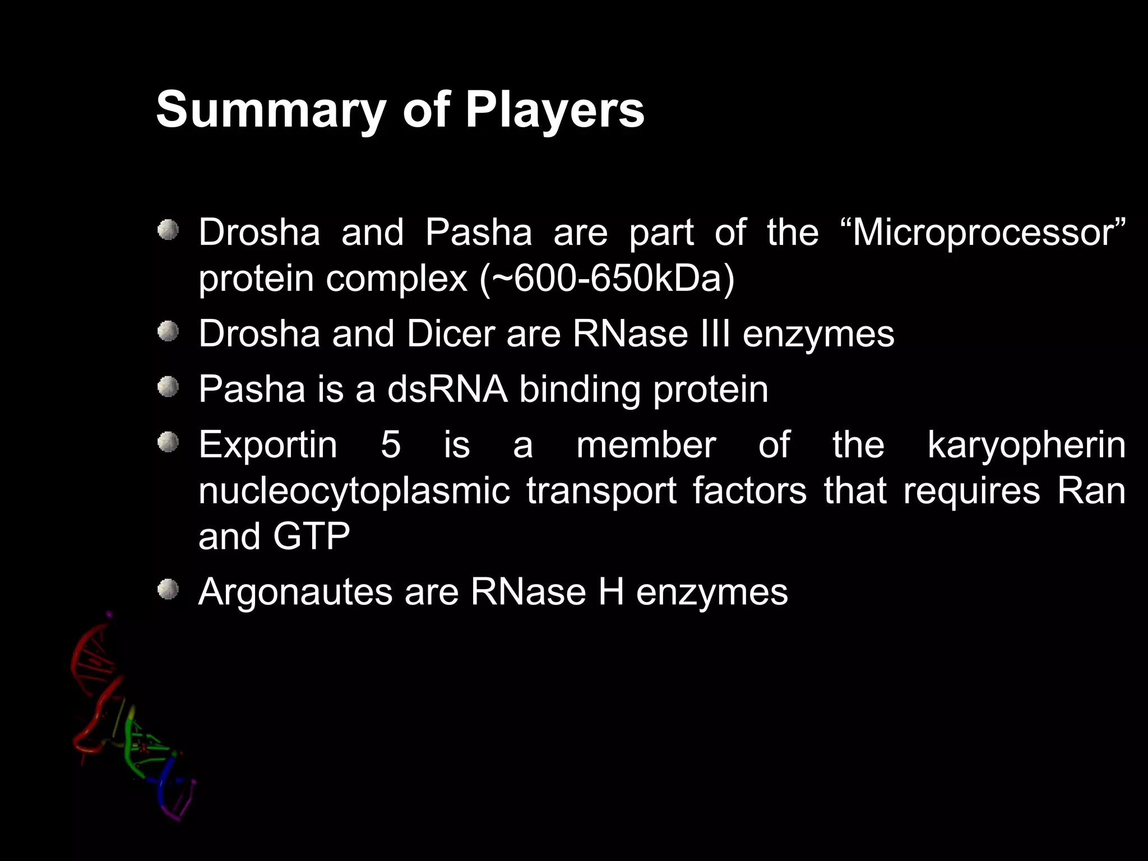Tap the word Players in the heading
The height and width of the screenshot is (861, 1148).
point(554,110)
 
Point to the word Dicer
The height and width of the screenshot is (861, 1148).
point(451,334)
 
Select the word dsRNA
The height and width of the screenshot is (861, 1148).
point(447,390)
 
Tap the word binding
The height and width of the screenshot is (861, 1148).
point(580,390)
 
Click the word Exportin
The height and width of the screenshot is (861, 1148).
point(268,445)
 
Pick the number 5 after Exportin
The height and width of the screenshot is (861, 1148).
point(391,445)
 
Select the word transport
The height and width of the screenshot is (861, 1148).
point(601,492)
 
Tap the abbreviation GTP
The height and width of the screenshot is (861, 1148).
point(311,536)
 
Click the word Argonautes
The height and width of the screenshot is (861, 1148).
point(295,592)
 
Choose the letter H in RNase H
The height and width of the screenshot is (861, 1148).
point(611,592)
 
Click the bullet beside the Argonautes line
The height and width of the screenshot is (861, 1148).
point(168,589)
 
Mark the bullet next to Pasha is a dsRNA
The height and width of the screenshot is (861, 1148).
point(168,386)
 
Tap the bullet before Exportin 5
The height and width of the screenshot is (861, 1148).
point(168,442)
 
